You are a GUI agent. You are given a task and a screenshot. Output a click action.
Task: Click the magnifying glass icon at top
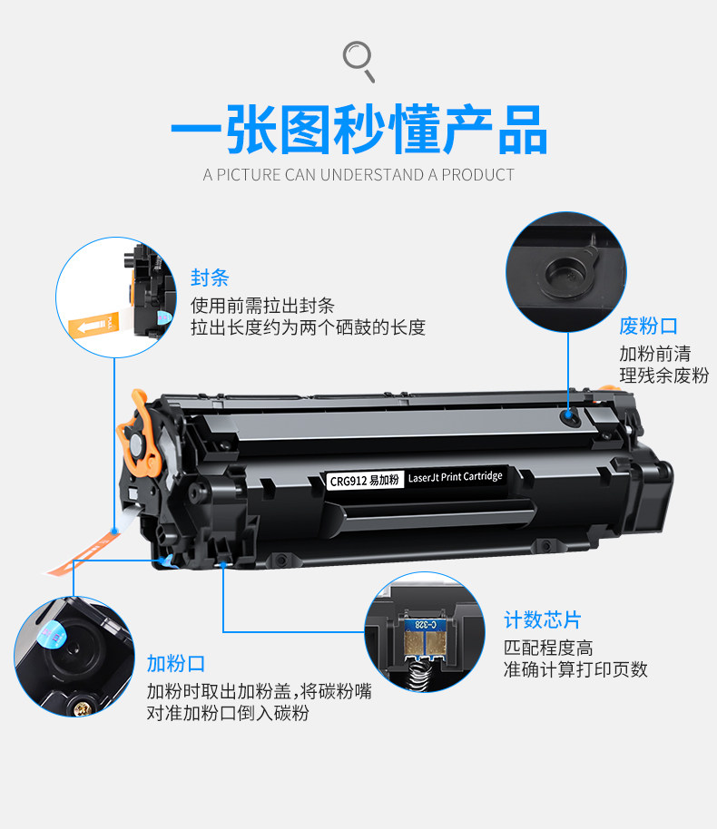pyautogui.click(x=358, y=61)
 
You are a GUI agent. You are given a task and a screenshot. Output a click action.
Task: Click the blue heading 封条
pyautogui.click(x=210, y=278)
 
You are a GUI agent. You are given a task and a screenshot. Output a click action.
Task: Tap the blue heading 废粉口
pyautogui.click(x=648, y=326)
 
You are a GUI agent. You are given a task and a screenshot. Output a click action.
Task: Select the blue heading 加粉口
pyautogui.click(x=176, y=663)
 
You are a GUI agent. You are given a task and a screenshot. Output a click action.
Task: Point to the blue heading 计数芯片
pyautogui.click(x=543, y=619)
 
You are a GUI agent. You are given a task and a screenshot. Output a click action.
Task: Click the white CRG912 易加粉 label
pyautogui.click(x=365, y=480)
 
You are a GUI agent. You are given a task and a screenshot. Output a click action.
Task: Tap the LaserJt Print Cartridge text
pyautogui.click(x=455, y=477)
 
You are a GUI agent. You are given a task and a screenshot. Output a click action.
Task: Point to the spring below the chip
pyautogui.click(x=422, y=675)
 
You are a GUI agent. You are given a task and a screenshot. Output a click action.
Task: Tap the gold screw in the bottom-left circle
pyautogui.click(x=82, y=707)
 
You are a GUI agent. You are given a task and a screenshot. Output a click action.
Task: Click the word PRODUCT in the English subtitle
pyautogui.click(x=477, y=175)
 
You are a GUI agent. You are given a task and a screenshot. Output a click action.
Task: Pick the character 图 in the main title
pyautogui.click(x=305, y=130)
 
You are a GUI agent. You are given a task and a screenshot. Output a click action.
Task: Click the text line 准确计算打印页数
pyautogui.click(x=575, y=669)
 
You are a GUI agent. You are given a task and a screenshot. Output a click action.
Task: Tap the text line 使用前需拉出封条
pyautogui.click(x=262, y=305)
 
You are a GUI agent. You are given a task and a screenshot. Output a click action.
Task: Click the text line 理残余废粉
pyautogui.click(x=664, y=375)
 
